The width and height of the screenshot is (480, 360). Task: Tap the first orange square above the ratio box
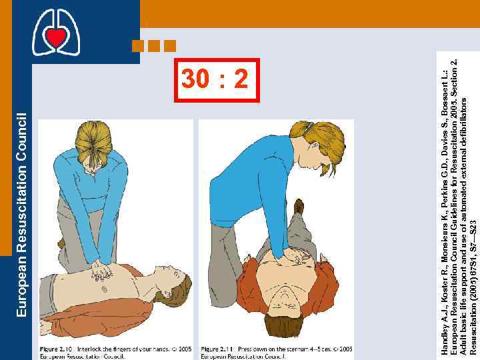pos(138,46)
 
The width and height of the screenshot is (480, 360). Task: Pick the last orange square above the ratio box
pos(169,46)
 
